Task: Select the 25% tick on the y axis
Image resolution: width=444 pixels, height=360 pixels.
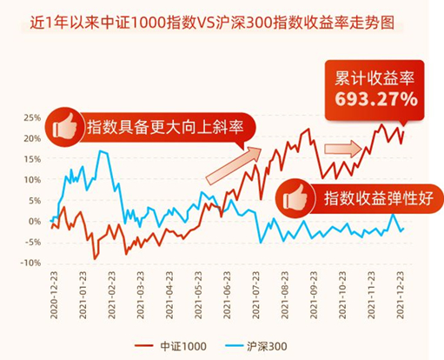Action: (32, 117)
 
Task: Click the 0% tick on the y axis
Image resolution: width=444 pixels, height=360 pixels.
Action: (35, 222)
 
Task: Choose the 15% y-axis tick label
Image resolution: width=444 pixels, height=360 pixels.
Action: (32, 159)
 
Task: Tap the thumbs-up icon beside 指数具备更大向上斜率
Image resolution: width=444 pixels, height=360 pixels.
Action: (64, 127)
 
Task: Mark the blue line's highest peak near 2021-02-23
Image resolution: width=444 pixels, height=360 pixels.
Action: (102, 151)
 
